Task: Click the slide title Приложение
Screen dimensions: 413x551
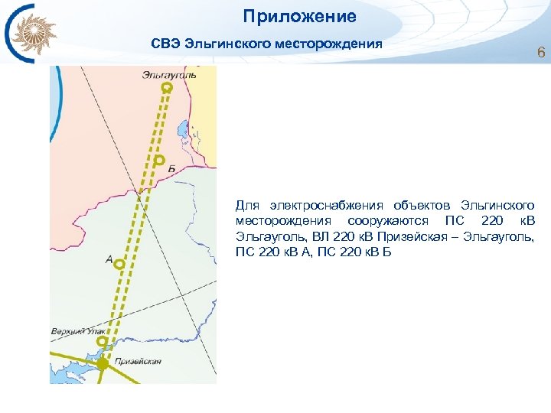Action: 300,16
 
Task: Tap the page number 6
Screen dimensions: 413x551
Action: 541,54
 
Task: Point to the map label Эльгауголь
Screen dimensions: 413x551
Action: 168,74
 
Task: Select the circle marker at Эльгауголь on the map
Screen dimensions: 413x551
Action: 167,89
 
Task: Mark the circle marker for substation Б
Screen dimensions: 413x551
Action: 159,161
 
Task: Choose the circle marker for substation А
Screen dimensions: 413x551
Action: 119,264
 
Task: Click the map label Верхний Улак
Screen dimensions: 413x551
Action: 73,331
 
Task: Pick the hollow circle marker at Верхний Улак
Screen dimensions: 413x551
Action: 103,342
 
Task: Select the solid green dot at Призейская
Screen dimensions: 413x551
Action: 103,364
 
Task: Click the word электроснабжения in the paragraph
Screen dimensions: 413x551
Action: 327,206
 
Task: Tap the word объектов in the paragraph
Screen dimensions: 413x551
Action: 423,206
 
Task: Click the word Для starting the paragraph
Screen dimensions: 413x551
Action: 248,206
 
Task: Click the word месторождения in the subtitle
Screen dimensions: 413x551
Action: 335,44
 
